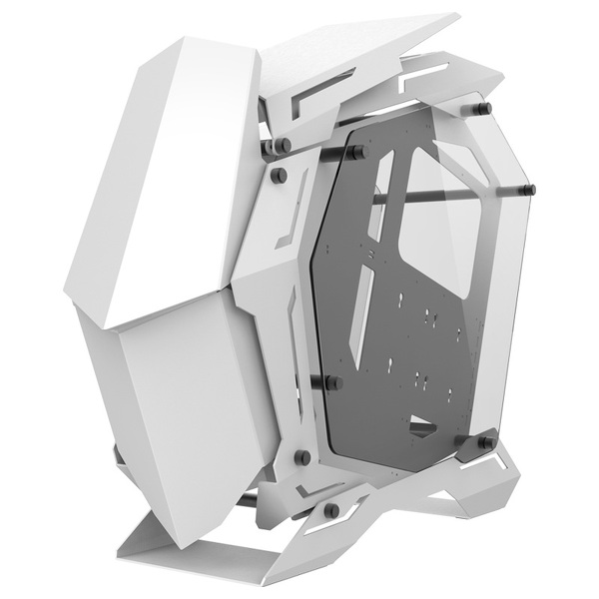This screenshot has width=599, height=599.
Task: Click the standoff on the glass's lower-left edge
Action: pos(333,382)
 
